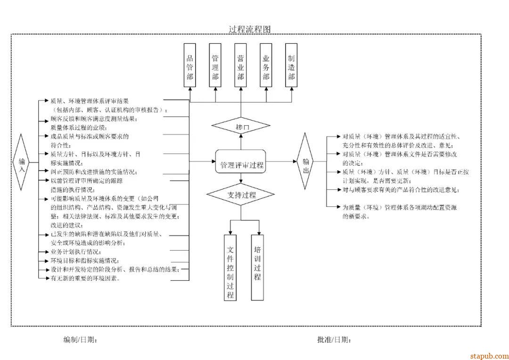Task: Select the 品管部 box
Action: click(x=190, y=65)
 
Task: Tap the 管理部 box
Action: click(x=215, y=65)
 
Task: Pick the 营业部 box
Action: click(x=241, y=65)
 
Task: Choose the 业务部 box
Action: click(x=266, y=65)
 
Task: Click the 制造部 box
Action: click(x=292, y=65)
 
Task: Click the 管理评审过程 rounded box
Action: click(x=241, y=164)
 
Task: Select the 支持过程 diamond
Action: click(x=241, y=195)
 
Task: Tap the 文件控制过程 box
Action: click(x=230, y=267)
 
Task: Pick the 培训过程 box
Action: click(x=257, y=267)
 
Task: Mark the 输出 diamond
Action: click(x=306, y=161)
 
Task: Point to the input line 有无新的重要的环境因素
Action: click(x=85, y=278)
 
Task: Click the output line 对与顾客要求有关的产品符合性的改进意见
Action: click(x=401, y=190)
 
